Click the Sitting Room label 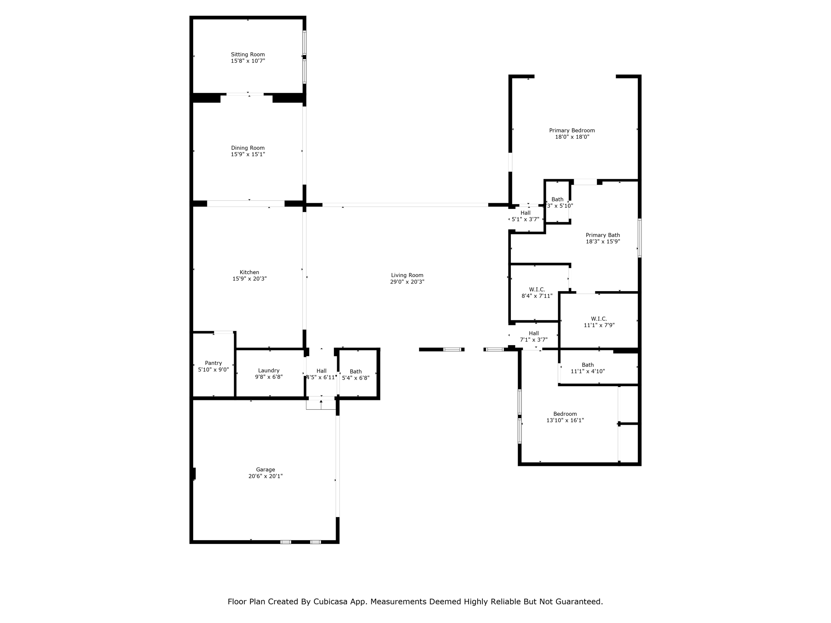248,54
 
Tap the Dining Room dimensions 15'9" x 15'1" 248,155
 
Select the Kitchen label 249,272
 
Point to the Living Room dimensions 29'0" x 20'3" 407,282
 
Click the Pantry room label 213,363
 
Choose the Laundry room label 269,370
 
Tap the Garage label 265,470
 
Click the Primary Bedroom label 572,131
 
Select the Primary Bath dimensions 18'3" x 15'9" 603,242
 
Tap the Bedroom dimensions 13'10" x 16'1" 565,421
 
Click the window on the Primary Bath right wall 639,238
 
